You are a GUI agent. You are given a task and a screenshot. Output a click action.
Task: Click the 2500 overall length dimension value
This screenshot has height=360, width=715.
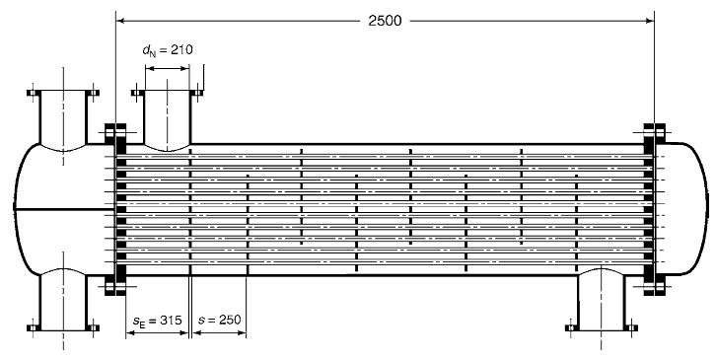point(386,21)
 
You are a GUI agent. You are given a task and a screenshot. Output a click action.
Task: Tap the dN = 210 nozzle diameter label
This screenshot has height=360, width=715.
point(168,49)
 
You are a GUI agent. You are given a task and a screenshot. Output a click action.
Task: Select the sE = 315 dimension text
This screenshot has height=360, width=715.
point(158,321)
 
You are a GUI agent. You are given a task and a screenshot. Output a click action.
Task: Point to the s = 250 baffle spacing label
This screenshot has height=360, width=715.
point(219,320)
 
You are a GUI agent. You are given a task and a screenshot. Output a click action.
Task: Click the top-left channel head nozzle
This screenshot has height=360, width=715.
point(63,117)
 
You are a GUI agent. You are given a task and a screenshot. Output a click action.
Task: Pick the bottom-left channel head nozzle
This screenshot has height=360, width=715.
point(63,300)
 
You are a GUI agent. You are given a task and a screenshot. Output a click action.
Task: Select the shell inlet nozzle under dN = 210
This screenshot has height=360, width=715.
point(168,117)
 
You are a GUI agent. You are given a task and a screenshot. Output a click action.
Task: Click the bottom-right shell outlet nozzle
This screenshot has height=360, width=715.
point(601,300)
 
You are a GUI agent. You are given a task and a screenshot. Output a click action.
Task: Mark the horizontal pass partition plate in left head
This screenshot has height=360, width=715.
point(64,209)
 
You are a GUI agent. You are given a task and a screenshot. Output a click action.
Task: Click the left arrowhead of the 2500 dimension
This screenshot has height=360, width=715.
point(120,21)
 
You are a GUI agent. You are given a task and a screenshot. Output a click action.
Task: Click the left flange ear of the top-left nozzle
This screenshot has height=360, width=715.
point(34,93)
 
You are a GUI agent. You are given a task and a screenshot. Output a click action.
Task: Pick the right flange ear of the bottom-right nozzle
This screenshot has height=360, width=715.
point(630,327)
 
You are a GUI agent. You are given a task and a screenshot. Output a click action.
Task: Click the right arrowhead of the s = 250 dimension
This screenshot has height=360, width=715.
point(242,332)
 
